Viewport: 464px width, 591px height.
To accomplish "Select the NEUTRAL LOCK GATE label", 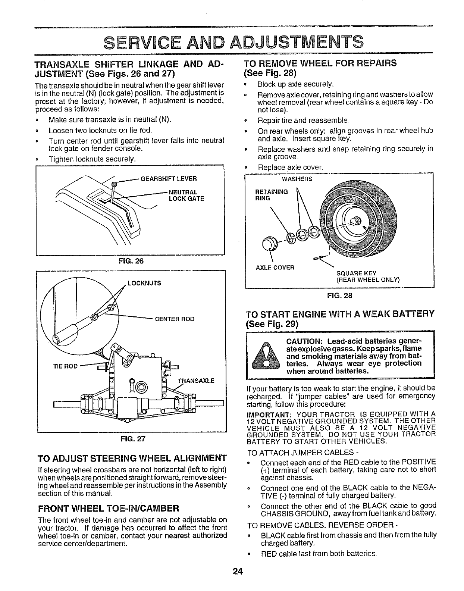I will click(x=186, y=195).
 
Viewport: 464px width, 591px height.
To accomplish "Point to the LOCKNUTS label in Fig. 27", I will click(x=144, y=283).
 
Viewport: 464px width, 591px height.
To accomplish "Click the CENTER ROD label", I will click(x=175, y=319).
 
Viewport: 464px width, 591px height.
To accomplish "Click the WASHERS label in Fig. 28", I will click(x=297, y=179).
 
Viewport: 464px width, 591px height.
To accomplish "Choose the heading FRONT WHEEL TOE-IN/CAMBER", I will click(x=109, y=508).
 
